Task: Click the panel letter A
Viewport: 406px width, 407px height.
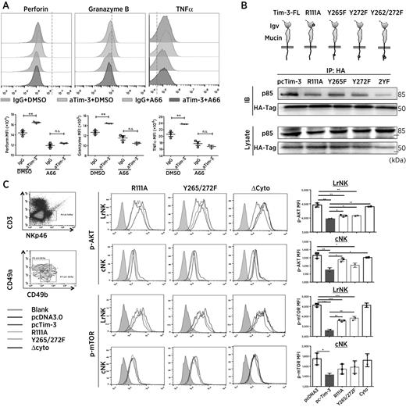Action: (x=6, y=7)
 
